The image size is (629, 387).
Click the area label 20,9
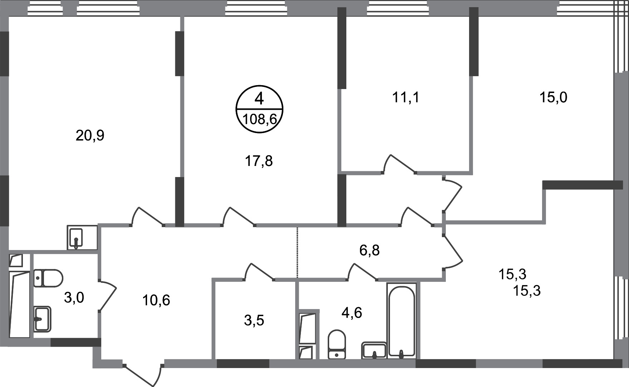point(90,136)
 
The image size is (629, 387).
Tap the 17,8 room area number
point(259,161)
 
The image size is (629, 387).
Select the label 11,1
point(406,97)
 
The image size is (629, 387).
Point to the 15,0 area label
point(553,97)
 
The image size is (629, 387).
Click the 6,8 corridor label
point(370,250)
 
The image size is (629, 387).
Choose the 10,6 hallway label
point(156,300)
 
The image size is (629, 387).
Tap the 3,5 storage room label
point(254,320)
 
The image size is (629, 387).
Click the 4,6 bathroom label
point(352,313)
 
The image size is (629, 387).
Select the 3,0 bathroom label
point(74,297)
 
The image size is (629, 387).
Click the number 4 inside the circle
point(259,98)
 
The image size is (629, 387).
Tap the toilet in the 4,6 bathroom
point(337,344)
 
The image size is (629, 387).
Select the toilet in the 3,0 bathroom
point(48,278)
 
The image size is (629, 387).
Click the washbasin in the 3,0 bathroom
point(42,319)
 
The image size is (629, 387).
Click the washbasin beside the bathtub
point(374,350)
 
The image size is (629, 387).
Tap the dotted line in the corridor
point(297,252)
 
